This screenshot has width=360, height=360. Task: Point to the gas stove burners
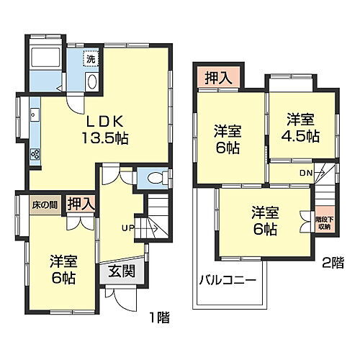[x=34, y=154]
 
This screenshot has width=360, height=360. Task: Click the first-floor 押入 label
[x=80, y=204]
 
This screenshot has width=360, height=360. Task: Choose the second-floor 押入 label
[x=217, y=78]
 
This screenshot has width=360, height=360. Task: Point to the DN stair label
[x=307, y=173]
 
